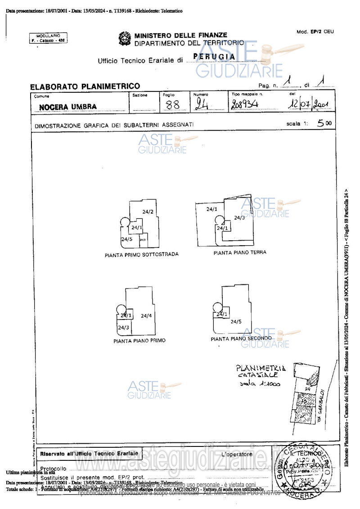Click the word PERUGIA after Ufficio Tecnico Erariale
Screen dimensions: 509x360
click(x=214, y=57)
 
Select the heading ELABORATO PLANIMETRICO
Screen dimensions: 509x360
click(x=85, y=86)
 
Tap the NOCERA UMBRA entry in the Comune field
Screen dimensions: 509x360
click(x=67, y=108)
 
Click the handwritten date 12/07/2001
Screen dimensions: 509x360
click(x=309, y=104)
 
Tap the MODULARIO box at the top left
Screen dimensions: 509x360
click(x=48, y=38)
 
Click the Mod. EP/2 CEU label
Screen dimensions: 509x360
click(x=315, y=32)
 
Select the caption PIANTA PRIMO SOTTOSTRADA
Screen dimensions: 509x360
click(x=141, y=255)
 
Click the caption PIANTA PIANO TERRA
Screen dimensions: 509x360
click(x=239, y=252)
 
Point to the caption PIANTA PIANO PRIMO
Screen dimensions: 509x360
click(x=139, y=341)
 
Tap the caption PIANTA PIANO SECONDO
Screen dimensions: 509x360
click(x=241, y=338)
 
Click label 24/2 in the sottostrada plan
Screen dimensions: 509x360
click(x=148, y=212)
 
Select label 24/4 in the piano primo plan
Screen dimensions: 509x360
click(x=146, y=316)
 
